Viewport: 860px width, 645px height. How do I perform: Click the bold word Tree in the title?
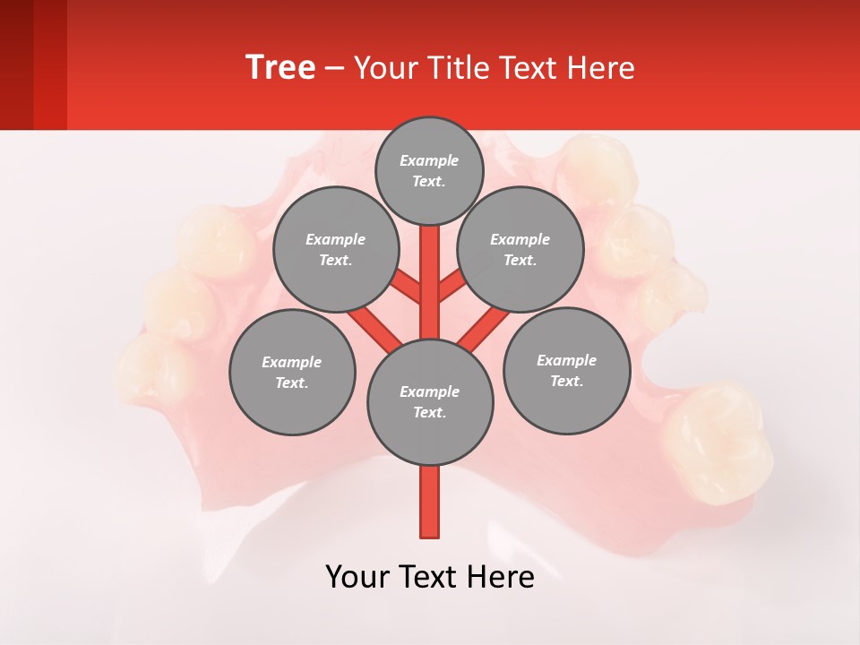tap(280, 67)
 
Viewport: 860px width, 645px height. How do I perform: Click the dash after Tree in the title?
tap(334, 68)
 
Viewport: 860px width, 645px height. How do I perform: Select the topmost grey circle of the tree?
tap(429, 170)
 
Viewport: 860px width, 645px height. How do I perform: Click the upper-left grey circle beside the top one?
tap(335, 249)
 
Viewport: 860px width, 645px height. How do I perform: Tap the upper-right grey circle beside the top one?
tap(520, 249)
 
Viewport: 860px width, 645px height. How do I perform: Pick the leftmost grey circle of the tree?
tap(291, 372)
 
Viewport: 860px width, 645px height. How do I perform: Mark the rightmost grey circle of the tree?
tap(566, 370)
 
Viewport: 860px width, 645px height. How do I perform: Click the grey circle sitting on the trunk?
tap(429, 401)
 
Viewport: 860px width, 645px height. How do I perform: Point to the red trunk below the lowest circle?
tap(429, 502)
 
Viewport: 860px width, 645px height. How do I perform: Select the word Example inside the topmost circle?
tap(429, 160)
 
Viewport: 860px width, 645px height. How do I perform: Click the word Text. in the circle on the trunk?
tap(429, 412)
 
